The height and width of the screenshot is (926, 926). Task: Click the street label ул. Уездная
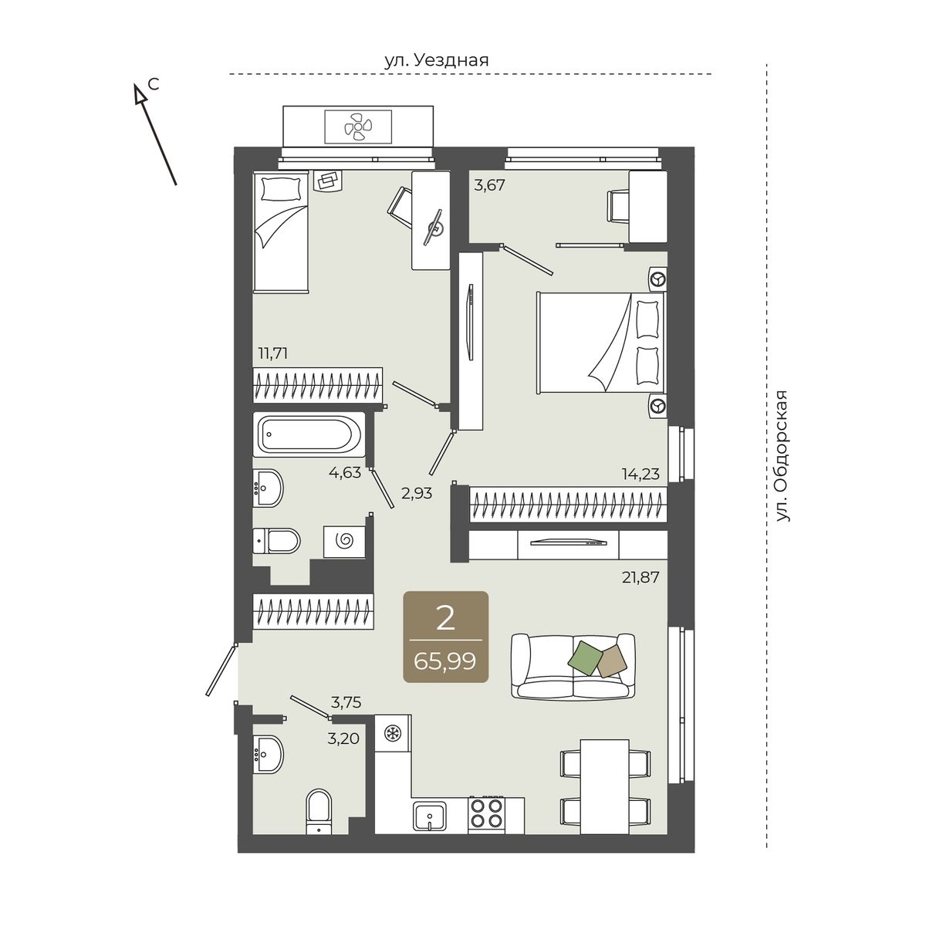tap(436, 60)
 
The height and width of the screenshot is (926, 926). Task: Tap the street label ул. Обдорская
tap(782, 455)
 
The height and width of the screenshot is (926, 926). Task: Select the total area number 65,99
tap(445, 661)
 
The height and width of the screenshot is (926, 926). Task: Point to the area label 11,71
tap(273, 353)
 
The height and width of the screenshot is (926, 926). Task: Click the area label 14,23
tap(640, 475)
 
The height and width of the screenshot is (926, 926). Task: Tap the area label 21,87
tap(640, 577)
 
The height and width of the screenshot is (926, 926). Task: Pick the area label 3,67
tap(489, 185)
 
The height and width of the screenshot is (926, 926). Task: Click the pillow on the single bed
tap(281, 188)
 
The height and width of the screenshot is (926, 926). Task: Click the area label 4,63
tap(344, 472)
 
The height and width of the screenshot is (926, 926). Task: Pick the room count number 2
tap(445, 619)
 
